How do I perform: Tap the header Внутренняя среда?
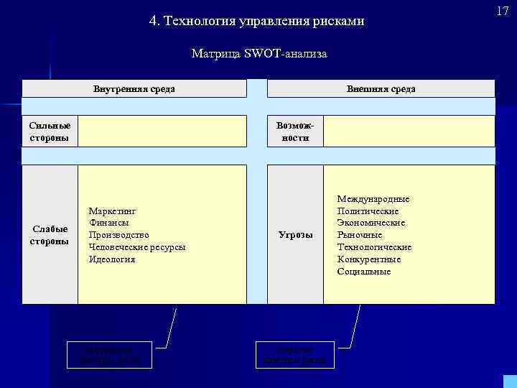134,89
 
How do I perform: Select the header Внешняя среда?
381,89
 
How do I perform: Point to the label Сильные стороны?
50,131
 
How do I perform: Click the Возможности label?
295,131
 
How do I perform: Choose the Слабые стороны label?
50,235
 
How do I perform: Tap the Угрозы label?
295,235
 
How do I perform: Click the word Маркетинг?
112,211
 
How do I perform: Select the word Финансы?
108,223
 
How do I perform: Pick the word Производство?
118,235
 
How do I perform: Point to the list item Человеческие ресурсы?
136,247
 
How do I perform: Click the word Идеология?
111,259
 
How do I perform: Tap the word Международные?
373,198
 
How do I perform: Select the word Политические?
368,211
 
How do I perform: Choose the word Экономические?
371,223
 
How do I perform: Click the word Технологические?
374,247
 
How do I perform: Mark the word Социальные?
364,272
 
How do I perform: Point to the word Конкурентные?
369,259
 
